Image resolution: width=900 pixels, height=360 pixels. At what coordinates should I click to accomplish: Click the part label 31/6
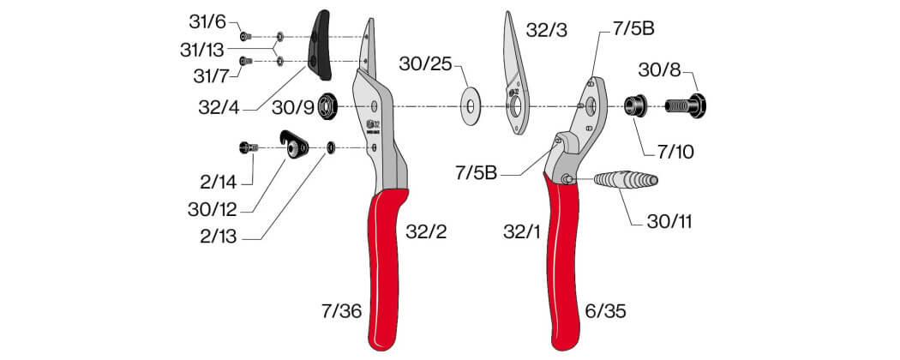point(207,21)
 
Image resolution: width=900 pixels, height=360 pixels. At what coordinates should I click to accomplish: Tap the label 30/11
point(669,222)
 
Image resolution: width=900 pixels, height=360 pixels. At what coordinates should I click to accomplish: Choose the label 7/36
point(342,311)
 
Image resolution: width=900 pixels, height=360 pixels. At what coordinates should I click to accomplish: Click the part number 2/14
point(218,183)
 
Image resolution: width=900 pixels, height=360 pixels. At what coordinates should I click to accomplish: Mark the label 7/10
point(675,152)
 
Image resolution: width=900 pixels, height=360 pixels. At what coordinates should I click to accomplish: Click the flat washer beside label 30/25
point(471,106)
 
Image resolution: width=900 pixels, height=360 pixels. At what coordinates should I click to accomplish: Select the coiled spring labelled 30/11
point(626,180)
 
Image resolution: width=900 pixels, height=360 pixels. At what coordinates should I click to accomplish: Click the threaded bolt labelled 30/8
point(686,105)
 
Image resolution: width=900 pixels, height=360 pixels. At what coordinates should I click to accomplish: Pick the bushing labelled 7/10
point(636,105)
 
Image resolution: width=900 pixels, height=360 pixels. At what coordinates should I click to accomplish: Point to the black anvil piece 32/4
point(320,45)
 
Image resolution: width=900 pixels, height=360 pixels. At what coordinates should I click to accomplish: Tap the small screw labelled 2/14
point(248,147)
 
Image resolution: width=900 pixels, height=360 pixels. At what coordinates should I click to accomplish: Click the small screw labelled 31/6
point(246,36)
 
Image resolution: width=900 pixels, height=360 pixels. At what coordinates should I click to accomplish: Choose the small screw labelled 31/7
point(246,60)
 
